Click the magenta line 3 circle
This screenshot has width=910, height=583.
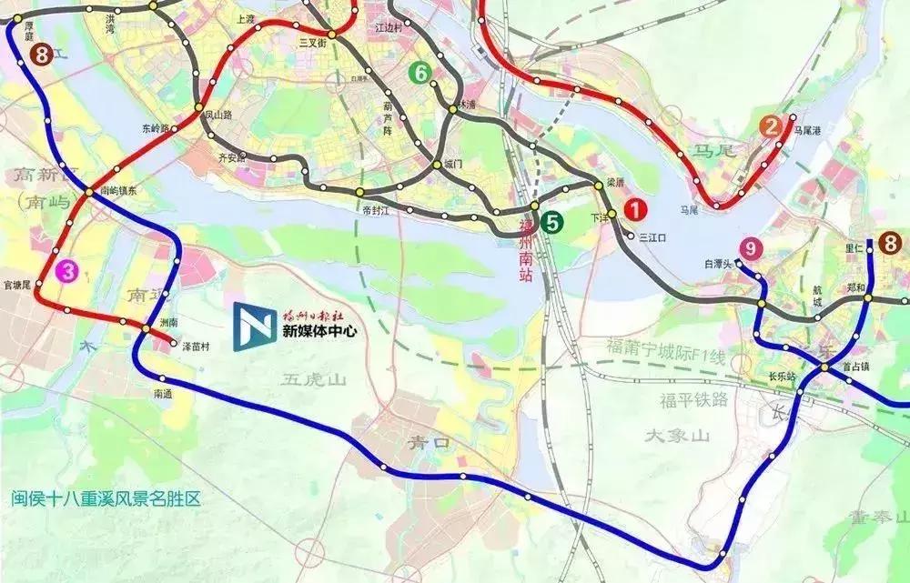tap(66, 269)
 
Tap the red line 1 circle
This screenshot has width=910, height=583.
tap(636, 209)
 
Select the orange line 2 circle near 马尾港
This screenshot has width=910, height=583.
tap(772, 127)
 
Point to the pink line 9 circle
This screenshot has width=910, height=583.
tap(751, 247)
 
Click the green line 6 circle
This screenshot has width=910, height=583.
tap(420, 74)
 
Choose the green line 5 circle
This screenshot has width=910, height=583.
tap(551, 219)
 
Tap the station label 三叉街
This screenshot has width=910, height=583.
tap(312, 42)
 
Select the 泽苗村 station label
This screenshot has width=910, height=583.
tap(196, 347)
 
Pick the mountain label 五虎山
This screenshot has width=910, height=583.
tap(313, 379)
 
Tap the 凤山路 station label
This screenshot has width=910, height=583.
tap(219, 115)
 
